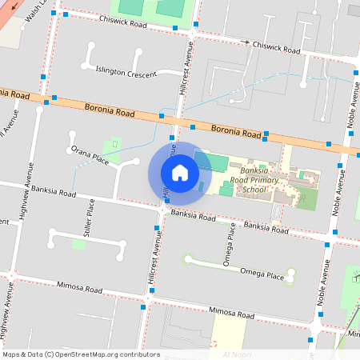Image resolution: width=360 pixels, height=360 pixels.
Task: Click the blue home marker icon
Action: (180, 172)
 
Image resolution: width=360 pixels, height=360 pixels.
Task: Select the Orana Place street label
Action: (89, 154)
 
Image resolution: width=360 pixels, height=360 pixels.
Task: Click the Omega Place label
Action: (265, 276)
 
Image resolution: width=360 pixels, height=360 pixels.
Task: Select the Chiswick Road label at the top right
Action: (276, 47)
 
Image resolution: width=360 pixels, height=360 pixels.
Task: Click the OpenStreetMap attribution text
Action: (81, 354)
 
